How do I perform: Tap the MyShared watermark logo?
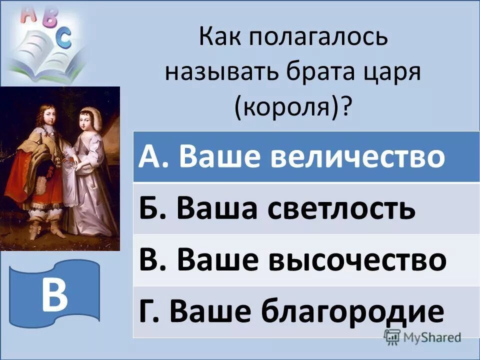click(x=422, y=336)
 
